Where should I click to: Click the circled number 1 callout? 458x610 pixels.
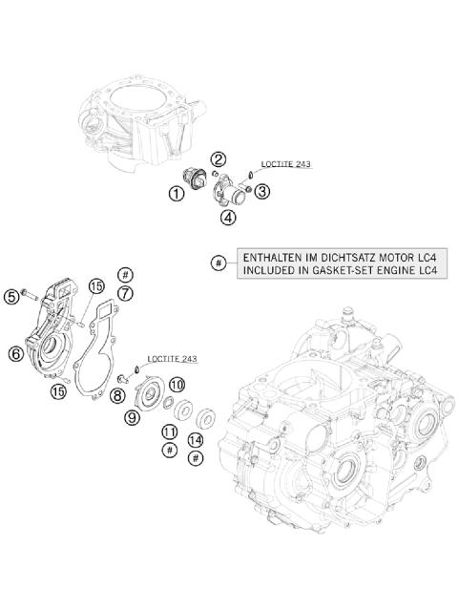click(x=177, y=195)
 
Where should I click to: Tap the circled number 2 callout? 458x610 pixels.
click(x=219, y=159)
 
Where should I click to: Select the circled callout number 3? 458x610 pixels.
click(x=261, y=191)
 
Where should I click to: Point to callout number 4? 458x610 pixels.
click(x=228, y=218)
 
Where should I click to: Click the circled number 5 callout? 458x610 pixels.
click(x=11, y=297)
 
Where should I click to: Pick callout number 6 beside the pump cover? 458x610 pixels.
click(x=15, y=353)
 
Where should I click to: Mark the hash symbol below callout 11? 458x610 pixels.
click(x=168, y=449)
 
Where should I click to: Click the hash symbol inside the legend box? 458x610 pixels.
click(x=219, y=263)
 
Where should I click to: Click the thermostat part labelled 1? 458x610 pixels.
click(x=198, y=179)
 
